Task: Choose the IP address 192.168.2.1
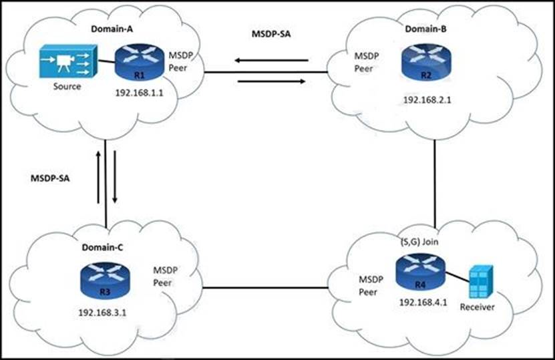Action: coord(428,99)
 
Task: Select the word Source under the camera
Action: coord(67,86)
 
